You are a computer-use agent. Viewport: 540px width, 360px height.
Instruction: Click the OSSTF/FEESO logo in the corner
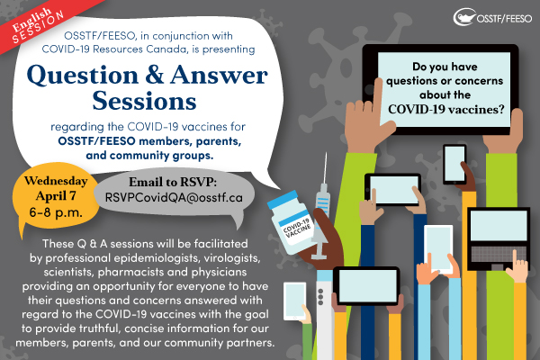tap(492, 17)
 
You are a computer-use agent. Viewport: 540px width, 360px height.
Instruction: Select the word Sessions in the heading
tap(144, 101)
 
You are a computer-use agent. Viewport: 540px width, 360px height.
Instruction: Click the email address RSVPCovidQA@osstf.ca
tap(174, 197)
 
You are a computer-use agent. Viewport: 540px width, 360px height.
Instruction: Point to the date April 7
tap(56, 195)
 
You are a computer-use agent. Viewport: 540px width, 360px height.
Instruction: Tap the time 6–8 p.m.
tap(56, 212)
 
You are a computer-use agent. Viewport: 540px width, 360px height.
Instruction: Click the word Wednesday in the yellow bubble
tap(56, 181)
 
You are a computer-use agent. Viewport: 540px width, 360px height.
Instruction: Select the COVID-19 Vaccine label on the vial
tap(298, 228)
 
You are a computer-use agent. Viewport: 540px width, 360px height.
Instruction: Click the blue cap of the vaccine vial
tap(283, 198)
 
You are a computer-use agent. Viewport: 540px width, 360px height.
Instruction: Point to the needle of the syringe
tap(324, 168)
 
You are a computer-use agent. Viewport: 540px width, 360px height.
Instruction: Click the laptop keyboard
tap(499, 254)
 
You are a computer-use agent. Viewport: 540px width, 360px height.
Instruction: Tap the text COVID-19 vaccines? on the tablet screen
tap(446, 109)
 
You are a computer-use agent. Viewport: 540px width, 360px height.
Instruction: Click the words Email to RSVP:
tap(173, 182)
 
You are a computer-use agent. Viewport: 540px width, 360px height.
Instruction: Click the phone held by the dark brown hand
tap(454, 165)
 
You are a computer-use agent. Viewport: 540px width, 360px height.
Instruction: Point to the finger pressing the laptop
tap(515, 258)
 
